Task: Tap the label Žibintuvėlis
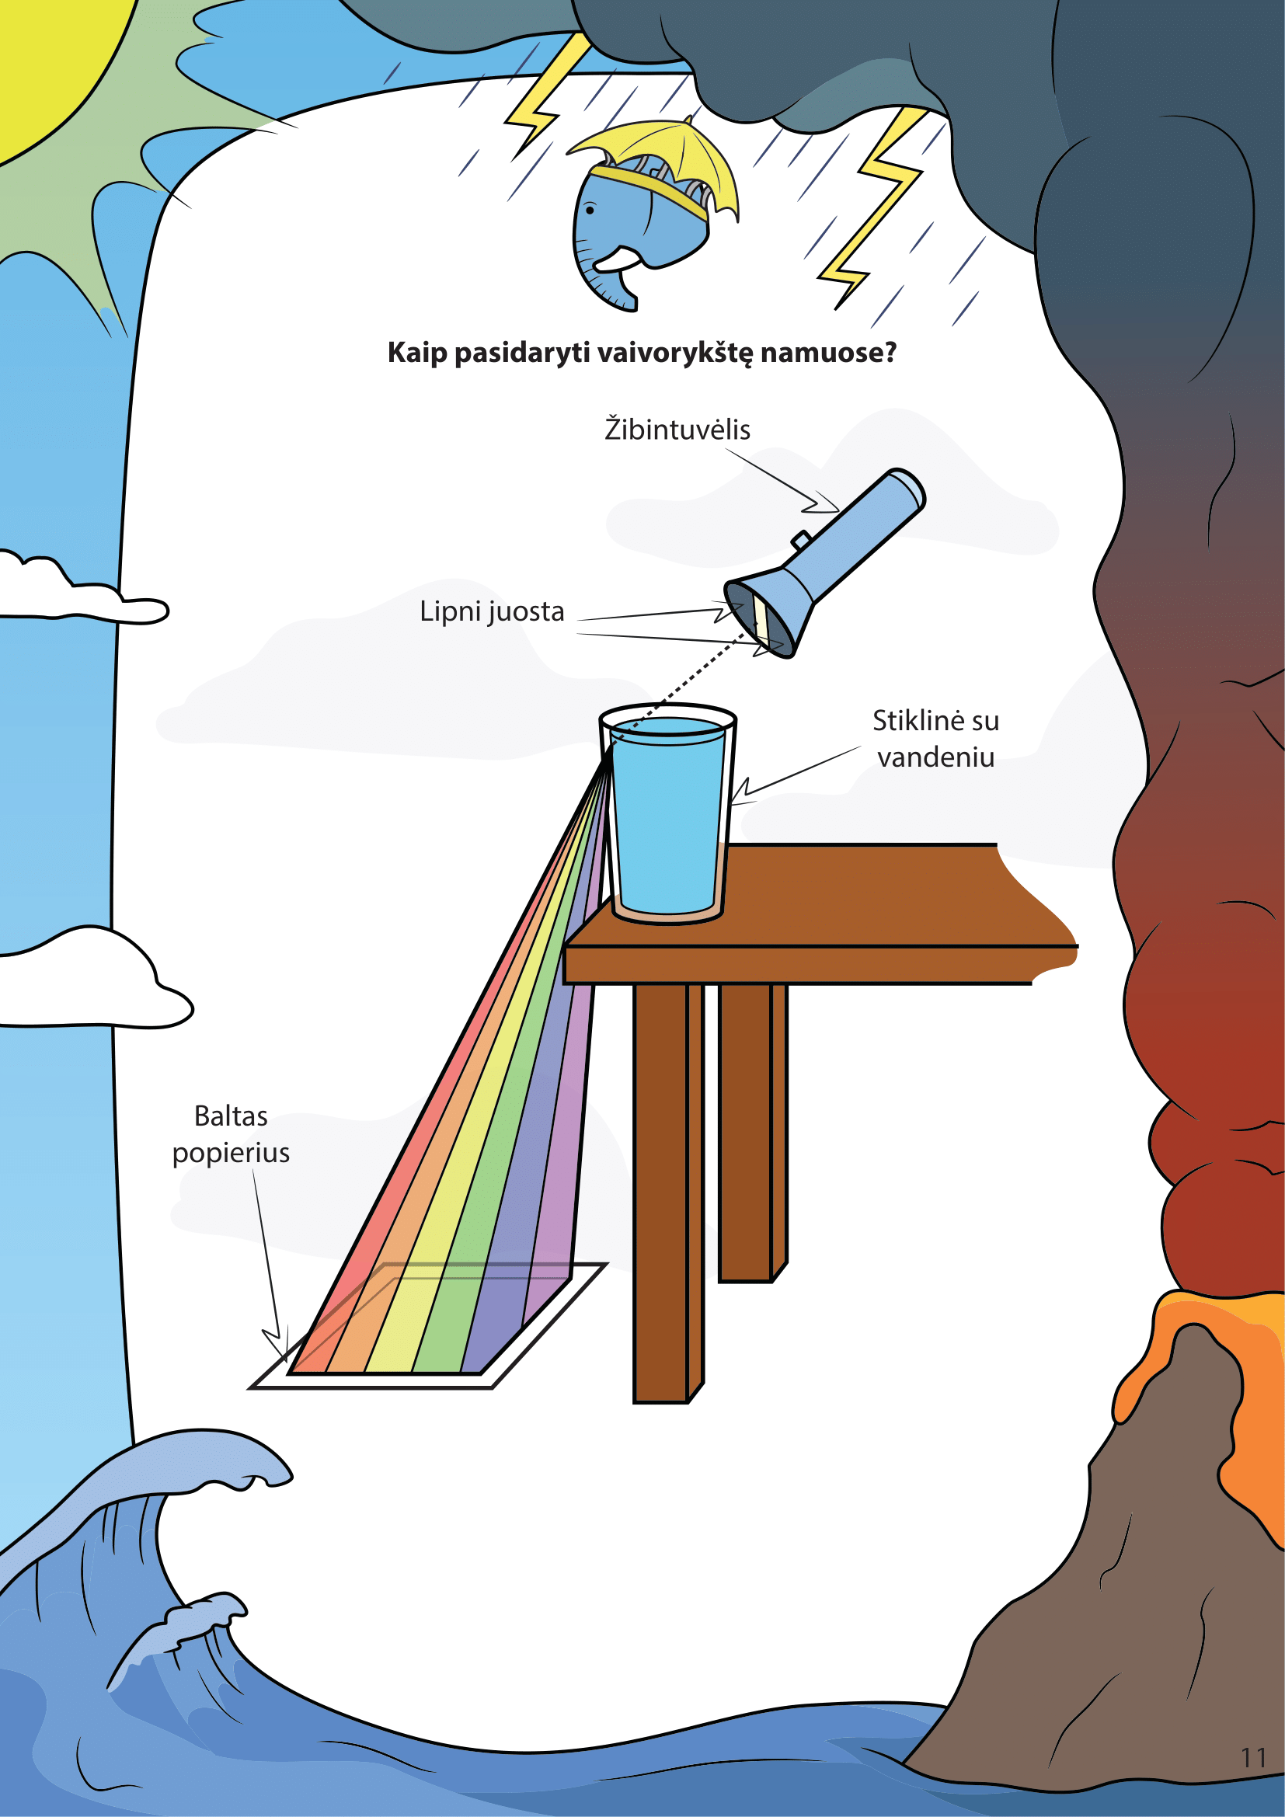tap(677, 430)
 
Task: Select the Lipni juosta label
tap(491, 611)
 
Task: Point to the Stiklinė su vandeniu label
tap(935, 739)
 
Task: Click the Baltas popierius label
tap(231, 1135)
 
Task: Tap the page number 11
tap(1254, 1758)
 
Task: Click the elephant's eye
tap(590, 211)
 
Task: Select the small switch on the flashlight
tap(800, 541)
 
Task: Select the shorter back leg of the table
tap(753, 1133)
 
